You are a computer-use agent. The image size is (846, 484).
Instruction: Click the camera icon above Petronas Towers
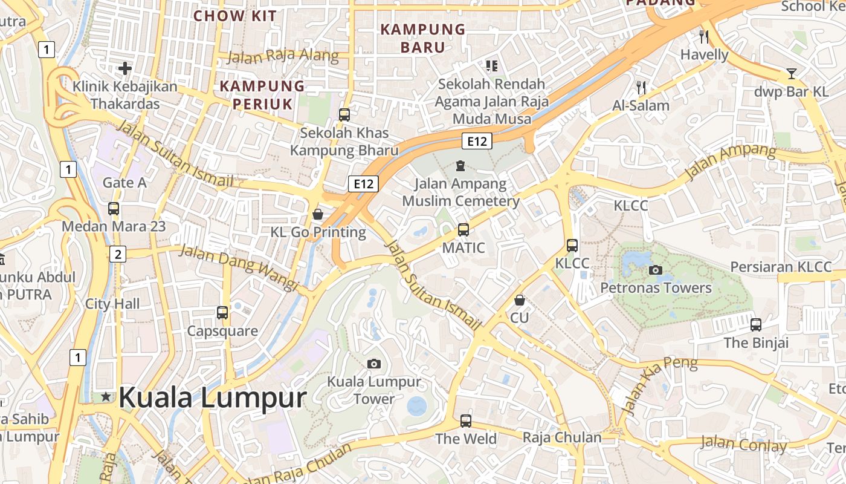click(x=655, y=270)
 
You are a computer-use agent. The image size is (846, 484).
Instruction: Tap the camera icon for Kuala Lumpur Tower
click(x=374, y=364)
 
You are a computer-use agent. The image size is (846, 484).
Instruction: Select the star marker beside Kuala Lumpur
click(x=106, y=397)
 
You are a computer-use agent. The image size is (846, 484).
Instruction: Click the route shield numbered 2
click(x=118, y=254)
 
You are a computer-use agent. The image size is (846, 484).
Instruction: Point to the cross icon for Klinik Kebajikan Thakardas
click(x=125, y=68)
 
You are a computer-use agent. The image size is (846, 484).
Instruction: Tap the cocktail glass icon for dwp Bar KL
click(x=792, y=74)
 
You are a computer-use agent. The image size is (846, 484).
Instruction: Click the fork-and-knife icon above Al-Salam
click(x=641, y=88)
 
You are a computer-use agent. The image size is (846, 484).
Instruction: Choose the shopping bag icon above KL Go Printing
click(x=318, y=214)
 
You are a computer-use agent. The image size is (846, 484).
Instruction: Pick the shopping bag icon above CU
click(x=519, y=300)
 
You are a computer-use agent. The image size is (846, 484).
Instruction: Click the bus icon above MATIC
click(x=463, y=230)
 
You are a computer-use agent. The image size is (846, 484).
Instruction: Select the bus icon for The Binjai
click(x=756, y=325)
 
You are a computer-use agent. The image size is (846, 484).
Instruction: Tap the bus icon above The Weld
click(x=466, y=420)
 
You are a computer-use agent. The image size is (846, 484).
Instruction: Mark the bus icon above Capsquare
click(x=222, y=313)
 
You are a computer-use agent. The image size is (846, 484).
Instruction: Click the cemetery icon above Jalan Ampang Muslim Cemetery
click(x=460, y=165)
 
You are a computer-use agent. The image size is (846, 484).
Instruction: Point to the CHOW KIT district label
click(x=235, y=16)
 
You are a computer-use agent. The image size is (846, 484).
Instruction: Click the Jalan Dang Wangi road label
click(x=239, y=267)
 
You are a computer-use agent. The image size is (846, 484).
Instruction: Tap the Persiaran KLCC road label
click(x=781, y=267)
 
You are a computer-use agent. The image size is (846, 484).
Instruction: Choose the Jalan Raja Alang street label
click(x=283, y=56)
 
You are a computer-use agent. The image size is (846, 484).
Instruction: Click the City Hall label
click(x=112, y=304)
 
